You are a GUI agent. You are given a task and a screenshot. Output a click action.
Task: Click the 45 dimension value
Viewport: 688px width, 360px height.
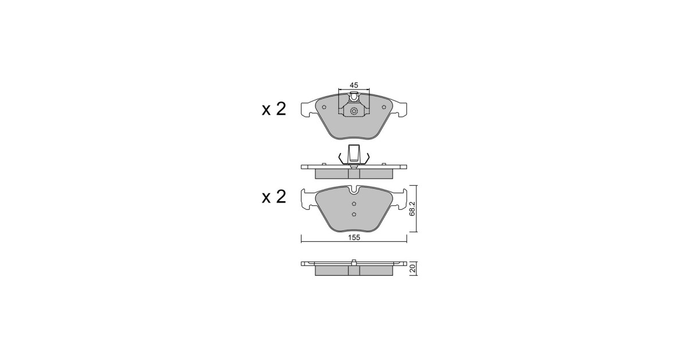pyautogui.click(x=354, y=85)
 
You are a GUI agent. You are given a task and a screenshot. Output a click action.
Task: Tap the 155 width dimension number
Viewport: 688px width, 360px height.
pyautogui.click(x=354, y=237)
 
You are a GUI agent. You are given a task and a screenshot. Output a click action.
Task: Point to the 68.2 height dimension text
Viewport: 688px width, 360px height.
pyautogui.click(x=412, y=209)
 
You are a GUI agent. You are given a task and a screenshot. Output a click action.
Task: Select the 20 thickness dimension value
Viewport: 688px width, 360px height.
pyautogui.click(x=413, y=268)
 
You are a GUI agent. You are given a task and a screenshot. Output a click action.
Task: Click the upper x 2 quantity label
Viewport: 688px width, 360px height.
pyautogui.click(x=273, y=109)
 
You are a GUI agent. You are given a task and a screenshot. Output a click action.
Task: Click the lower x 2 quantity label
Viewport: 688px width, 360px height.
pyautogui.click(x=273, y=197)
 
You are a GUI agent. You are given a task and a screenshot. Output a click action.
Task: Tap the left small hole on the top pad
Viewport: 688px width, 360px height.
pyautogui.click(x=324, y=107)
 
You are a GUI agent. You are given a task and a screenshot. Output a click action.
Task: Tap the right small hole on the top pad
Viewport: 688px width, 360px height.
pyautogui.click(x=384, y=107)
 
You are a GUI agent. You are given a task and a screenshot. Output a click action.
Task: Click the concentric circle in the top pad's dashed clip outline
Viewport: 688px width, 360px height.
pyautogui.click(x=354, y=111)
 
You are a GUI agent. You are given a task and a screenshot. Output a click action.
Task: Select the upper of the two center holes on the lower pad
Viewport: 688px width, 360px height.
pyautogui.click(x=354, y=204)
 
